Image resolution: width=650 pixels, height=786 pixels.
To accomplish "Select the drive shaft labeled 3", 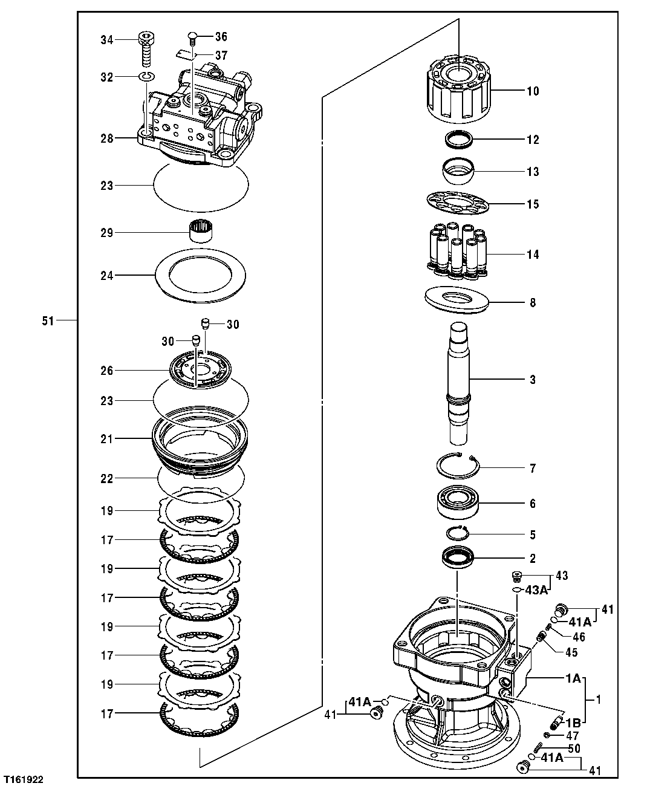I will coord(459,381).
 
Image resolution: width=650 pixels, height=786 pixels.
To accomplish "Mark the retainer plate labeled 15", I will coord(458,204).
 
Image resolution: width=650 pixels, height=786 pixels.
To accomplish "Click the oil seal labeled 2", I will coord(458,557).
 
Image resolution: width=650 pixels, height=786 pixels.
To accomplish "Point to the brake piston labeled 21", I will coord(200,438).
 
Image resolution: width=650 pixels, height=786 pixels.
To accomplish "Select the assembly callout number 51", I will coord(48,321).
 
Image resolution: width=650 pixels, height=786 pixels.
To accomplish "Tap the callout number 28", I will coord(106,138).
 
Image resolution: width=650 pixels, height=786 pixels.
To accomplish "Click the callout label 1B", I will coord(574,721).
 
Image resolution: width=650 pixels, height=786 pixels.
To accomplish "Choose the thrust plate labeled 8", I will coord(458,300).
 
